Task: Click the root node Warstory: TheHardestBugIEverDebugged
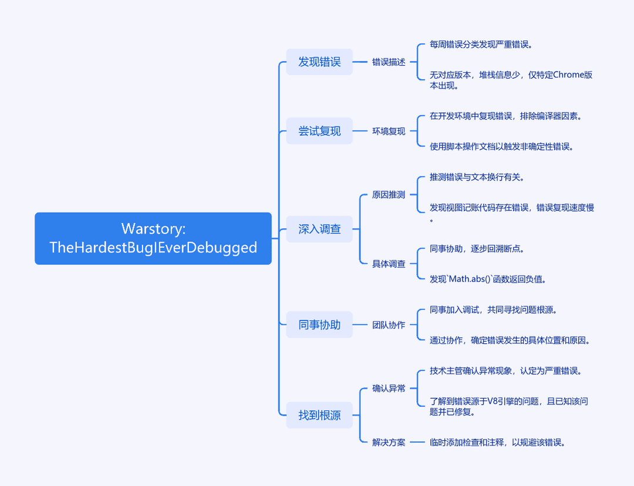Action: pyautogui.click(x=153, y=239)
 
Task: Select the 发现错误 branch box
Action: pyautogui.click(x=319, y=62)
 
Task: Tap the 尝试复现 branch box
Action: pyautogui.click(x=319, y=131)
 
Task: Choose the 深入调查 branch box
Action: pyautogui.click(x=319, y=229)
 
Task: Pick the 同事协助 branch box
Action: pyautogui.click(x=319, y=324)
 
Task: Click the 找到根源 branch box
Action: pyautogui.click(x=319, y=415)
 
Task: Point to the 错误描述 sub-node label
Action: pyautogui.click(x=389, y=62)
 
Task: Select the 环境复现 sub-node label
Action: pyautogui.click(x=389, y=131)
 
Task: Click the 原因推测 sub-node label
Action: pyautogui.click(x=389, y=195)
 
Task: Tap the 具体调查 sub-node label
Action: pyautogui.click(x=389, y=264)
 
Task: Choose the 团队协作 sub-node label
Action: pyautogui.click(x=389, y=325)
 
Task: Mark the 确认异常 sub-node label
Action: pyautogui.click(x=389, y=388)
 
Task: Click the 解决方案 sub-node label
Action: pyautogui.click(x=389, y=443)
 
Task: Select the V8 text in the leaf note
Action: pyautogui.click(x=493, y=401)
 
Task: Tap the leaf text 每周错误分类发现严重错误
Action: pyautogui.click(x=481, y=45)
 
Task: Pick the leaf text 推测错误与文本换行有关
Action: pyautogui.click(x=477, y=177)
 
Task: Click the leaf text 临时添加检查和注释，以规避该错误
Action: pyautogui.click(x=497, y=443)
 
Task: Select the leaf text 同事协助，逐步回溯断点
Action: pyautogui.click(x=477, y=249)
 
